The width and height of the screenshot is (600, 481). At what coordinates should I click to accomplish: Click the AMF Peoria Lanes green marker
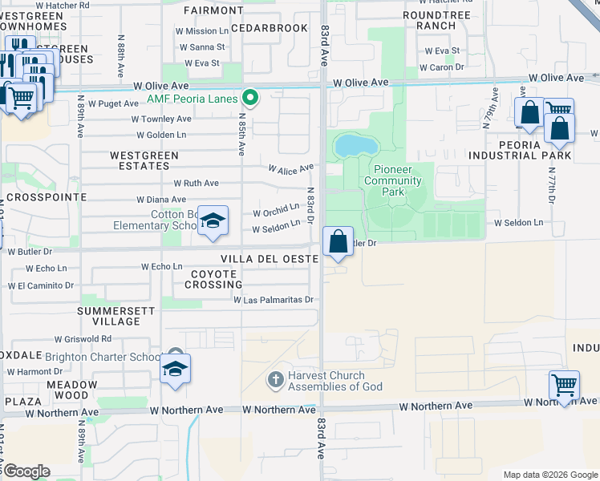(x=250, y=99)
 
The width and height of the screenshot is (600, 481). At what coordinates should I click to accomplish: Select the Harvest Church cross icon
(x=275, y=378)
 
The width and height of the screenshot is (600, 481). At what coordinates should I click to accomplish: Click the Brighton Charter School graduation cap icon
(x=174, y=370)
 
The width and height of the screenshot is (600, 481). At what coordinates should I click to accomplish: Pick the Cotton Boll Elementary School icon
(x=213, y=221)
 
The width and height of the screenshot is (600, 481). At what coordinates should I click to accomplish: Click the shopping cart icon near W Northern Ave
(x=564, y=386)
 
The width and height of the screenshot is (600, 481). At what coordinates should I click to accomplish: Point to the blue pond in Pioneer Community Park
(x=355, y=146)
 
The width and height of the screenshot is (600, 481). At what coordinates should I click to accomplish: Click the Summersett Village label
(x=109, y=315)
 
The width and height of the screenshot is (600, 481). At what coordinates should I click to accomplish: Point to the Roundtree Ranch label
(x=429, y=20)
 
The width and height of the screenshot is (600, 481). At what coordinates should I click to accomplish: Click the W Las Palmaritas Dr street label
(x=272, y=300)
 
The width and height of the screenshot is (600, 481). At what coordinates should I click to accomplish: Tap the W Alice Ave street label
(x=290, y=169)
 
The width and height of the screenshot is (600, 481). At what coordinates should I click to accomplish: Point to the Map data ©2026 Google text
(x=549, y=475)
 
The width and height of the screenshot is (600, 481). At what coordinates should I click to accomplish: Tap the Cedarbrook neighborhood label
(x=269, y=28)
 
